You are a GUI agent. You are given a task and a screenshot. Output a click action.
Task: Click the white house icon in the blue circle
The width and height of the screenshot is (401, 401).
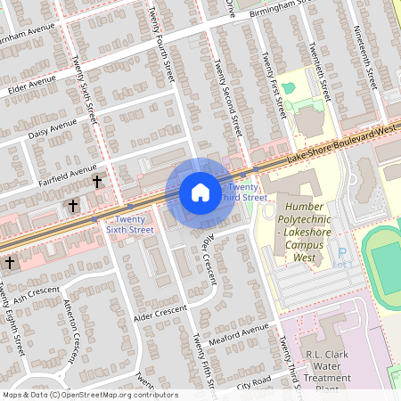[x=200, y=192]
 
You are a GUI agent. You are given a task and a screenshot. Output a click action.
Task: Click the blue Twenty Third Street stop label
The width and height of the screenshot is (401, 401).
[x=247, y=192]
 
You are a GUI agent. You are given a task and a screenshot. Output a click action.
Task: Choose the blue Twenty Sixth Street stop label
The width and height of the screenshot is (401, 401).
[x=128, y=225]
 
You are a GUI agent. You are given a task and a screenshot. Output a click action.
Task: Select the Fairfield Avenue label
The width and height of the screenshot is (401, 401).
[x=70, y=169]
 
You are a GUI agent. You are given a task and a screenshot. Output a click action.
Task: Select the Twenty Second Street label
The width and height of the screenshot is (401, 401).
[x=226, y=98]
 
